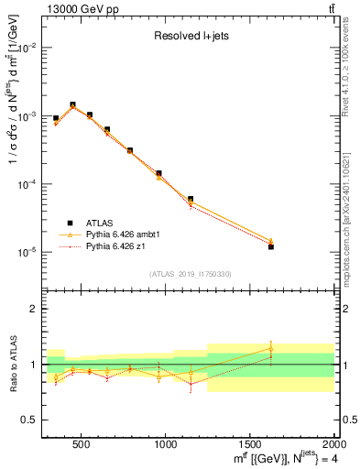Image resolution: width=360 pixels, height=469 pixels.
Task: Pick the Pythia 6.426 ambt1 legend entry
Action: [123, 234]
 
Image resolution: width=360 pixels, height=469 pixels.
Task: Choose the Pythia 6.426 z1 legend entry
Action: [116, 246]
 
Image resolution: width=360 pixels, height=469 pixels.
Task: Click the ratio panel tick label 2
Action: [33, 309]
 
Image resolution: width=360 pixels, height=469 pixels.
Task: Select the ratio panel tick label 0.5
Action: [29, 420]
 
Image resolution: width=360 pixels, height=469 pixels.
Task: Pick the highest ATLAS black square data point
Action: [72, 105]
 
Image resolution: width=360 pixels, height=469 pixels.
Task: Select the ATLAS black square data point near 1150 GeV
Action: [191, 199]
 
